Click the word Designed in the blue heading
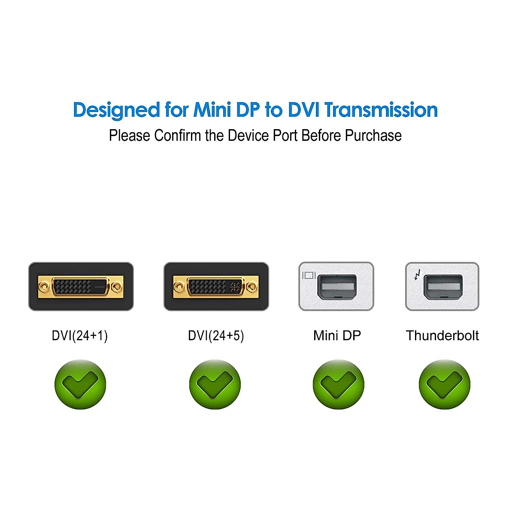[x=117, y=110]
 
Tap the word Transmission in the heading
[x=381, y=110]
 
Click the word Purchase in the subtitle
[x=373, y=136]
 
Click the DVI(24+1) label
[x=80, y=335]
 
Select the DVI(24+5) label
[x=216, y=335]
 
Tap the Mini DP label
[x=337, y=335]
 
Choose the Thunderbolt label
[x=442, y=335]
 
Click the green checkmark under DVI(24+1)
[x=80, y=384]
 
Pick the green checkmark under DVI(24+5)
[x=215, y=384]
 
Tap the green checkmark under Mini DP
[x=338, y=384]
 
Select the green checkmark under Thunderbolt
[x=444, y=384]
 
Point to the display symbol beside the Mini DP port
[x=309, y=275]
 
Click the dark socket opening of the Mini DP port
[x=337, y=287]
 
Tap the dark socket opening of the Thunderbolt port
[x=443, y=287]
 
